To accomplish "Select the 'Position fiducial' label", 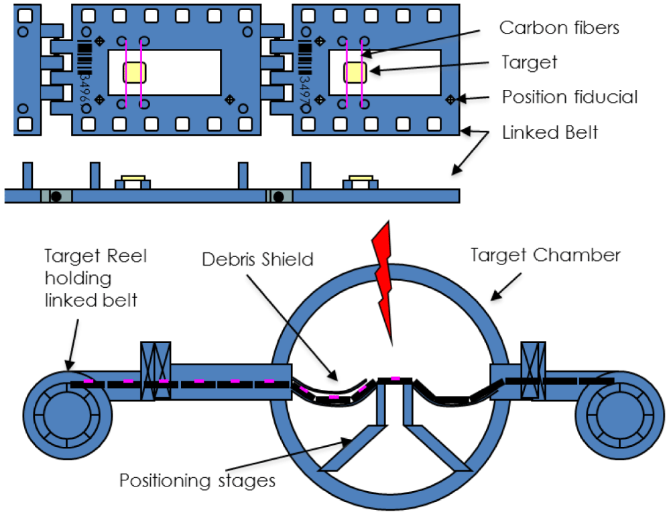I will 570,97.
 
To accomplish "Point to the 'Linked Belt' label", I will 550,132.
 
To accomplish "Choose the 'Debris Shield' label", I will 258,259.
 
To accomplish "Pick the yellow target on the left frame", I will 135,72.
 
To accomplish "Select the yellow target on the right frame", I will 355,72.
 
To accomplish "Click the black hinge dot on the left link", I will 57,195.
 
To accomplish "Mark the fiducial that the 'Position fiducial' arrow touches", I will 451,99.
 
